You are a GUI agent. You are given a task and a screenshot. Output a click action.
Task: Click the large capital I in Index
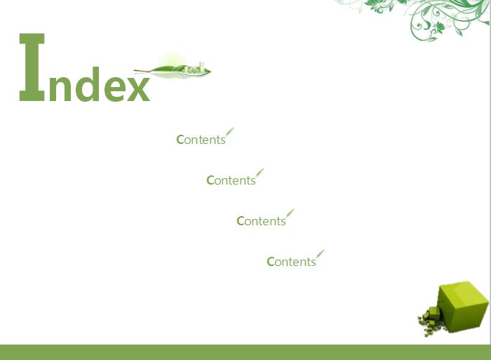point(32,67)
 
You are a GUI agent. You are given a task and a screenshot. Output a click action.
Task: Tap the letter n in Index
point(60,85)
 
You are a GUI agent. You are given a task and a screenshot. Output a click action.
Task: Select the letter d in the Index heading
point(88,84)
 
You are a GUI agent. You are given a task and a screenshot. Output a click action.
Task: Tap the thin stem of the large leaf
point(142,71)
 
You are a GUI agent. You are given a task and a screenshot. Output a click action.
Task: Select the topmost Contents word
point(201,140)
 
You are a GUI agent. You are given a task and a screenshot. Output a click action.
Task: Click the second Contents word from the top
point(231,180)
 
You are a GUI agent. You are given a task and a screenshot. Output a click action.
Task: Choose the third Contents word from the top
point(261,221)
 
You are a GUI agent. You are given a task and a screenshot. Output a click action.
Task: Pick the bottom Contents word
point(291,262)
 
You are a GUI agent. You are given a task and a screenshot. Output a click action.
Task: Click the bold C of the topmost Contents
point(180,140)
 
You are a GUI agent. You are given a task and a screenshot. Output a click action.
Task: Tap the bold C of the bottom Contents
point(271,262)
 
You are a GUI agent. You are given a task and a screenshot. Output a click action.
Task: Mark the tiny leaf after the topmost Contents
point(230,132)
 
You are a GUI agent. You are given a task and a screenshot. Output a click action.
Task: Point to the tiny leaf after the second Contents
point(260,173)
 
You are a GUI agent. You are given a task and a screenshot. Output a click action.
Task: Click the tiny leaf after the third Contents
point(290,213)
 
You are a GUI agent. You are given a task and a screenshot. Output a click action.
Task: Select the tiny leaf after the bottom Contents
point(320,254)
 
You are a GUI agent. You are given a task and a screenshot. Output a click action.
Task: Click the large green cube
point(463,306)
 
